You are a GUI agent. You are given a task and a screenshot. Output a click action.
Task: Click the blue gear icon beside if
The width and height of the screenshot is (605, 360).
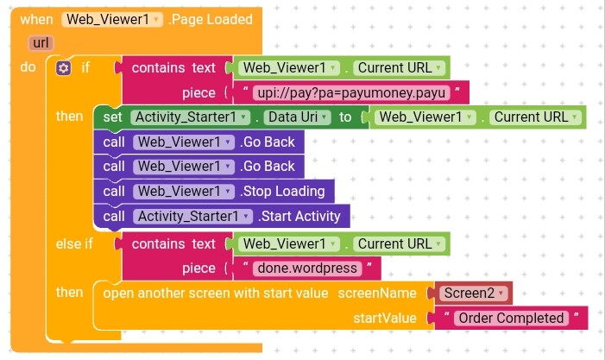(63, 67)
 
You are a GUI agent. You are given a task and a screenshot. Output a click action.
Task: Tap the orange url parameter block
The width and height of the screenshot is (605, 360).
(40, 42)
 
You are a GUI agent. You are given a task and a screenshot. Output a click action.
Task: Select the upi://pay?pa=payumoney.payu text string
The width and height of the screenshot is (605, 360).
(350, 92)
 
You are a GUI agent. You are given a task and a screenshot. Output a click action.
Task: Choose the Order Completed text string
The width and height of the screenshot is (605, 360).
(511, 318)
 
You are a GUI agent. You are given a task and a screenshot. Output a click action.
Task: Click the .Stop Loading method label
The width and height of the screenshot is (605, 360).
(283, 191)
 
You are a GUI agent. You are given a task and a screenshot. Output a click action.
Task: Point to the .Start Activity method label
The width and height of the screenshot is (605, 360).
(299, 216)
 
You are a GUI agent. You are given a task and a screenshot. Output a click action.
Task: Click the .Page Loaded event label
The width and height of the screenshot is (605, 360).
(211, 19)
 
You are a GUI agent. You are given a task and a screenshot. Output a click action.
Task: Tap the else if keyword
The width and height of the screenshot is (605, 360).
(73, 243)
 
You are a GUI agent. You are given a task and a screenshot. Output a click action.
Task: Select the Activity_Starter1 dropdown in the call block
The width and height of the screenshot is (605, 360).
(193, 216)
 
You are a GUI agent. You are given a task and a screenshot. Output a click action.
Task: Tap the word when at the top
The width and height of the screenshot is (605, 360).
(36, 19)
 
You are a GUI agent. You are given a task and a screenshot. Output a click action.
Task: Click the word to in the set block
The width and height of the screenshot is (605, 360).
(345, 117)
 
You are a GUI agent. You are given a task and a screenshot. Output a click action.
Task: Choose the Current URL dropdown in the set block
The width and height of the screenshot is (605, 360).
(535, 117)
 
